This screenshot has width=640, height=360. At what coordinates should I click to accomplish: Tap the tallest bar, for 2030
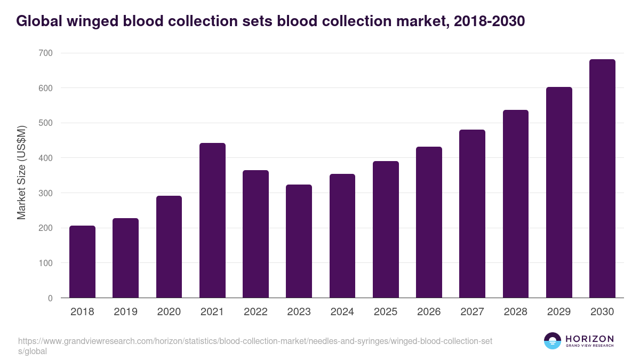(602, 179)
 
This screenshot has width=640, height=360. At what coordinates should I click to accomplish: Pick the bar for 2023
(299, 241)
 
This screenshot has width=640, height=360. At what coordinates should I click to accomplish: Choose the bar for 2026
(429, 222)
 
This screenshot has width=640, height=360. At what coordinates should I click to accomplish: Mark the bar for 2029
(559, 193)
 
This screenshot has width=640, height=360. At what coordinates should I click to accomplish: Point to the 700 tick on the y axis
(46, 53)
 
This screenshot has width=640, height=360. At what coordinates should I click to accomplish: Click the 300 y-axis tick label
(46, 193)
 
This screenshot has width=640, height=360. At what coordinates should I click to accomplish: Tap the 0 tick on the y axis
(50, 298)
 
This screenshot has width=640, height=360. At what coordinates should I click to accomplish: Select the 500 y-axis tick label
(46, 123)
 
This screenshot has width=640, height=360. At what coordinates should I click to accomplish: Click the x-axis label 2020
(169, 312)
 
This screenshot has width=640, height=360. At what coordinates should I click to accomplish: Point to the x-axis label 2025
(386, 312)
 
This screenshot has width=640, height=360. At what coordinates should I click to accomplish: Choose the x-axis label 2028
(516, 312)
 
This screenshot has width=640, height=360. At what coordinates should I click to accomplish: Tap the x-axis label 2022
(255, 312)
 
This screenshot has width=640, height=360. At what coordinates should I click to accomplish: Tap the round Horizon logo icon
(553, 341)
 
